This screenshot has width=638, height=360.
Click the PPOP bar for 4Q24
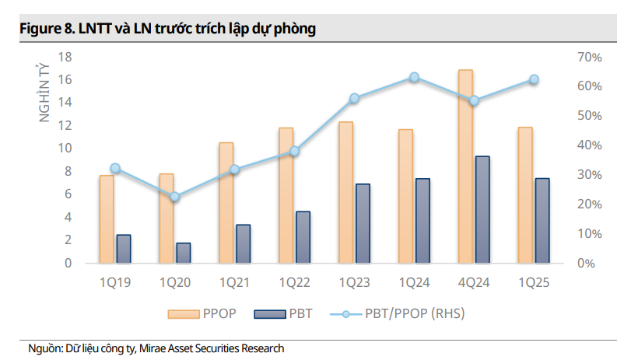pyautogui.click(x=465, y=166)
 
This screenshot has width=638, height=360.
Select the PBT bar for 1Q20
pyautogui.click(x=184, y=253)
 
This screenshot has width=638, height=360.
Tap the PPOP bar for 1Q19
pyautogui.click(x=107, y=219)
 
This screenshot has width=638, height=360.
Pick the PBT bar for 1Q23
pyautogui.click(x=363, y=223)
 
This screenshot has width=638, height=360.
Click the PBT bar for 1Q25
pyautogui.click(x=542, y=221)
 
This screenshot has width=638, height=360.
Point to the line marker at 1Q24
pyautogui.click(x=415, y=77)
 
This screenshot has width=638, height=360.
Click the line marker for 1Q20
pyautogui.click(x=175, y=197)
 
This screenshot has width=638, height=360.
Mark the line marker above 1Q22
pyautogui.click(x=295, y=151)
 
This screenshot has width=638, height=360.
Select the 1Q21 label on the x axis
pyautogui.click(x=235, y=283)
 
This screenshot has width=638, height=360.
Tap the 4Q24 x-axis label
pyautogui.click(x=474, y=283)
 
